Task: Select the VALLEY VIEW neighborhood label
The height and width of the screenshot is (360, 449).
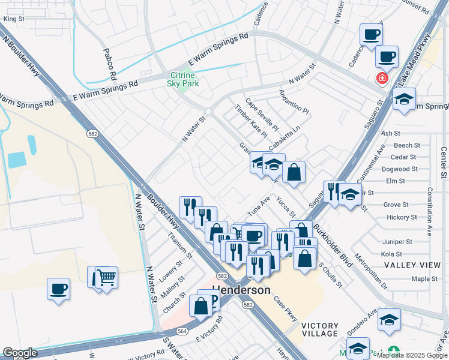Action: (x=412, y=265)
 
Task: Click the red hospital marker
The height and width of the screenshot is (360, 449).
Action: (x=381, y=78)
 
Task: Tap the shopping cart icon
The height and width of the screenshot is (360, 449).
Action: (x=106, y=277)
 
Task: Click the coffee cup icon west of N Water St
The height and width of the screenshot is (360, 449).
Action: (x=58, y=289)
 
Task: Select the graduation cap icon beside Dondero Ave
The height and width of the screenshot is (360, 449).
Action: (x=389, y=319)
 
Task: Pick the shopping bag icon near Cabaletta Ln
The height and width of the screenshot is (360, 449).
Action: (x=294, y=172)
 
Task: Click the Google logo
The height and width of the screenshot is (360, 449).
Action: (x=20, y=353)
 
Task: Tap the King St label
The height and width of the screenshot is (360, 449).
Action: (x=13, y=19)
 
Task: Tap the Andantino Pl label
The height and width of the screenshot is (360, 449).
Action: (x=294, y=103)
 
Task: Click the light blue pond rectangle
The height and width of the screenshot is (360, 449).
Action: (x=17, y=160)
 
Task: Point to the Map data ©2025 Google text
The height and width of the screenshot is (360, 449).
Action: (x=411, y=355)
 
